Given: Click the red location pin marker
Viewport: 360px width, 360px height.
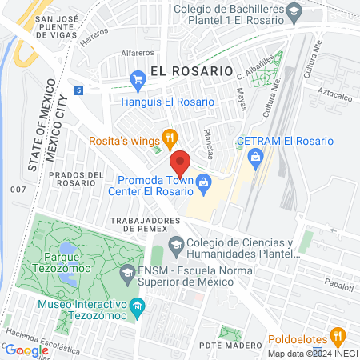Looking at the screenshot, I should [180, 162].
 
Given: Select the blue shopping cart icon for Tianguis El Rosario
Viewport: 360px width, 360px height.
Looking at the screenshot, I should [137, 78].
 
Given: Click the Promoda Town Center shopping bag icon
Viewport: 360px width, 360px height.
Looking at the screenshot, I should [204, 183].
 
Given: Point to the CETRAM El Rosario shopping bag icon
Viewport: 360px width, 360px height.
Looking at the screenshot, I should [254, 156].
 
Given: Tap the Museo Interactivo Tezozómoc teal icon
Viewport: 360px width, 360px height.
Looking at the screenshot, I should [138, 306].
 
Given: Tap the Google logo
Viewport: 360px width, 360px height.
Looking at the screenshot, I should [26, 350].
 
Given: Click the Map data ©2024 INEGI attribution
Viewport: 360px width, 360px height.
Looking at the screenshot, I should [312, 354].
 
